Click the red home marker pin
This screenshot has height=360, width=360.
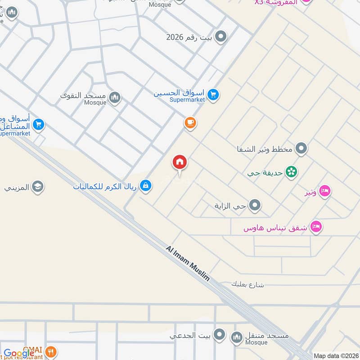[180, 162]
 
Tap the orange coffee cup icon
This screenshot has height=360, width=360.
[190, 122]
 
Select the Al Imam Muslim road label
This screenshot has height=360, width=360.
[188, 263]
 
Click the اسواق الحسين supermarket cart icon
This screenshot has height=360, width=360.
[213, 94]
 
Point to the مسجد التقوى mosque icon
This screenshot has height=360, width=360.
[115, 97]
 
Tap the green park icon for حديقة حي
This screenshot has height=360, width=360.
[292, 171]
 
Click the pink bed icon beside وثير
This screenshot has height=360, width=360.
[324, 192]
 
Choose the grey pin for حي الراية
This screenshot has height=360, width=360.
[255, 206]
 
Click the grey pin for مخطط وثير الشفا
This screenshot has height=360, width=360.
[301, 148]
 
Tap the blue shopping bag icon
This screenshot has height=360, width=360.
[145, 184]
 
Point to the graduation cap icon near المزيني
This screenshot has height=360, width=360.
[38, 186]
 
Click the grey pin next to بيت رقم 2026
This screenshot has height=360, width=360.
[220, 37]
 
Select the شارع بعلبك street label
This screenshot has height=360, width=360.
[247, 284]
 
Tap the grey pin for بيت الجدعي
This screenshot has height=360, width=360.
[219, 334]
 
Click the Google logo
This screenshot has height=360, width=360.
[19, 354]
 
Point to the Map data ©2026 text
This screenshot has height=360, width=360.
[335, 355]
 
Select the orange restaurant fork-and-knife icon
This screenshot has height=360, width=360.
[52, 352]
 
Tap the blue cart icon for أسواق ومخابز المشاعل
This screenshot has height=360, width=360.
[38, 124]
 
